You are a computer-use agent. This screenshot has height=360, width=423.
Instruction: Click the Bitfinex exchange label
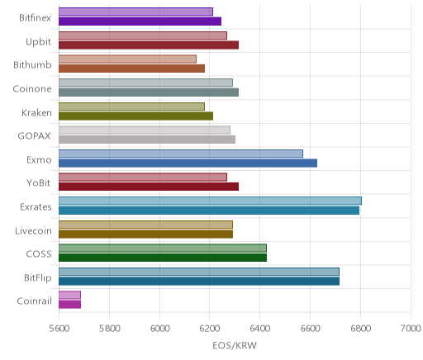(35, 18)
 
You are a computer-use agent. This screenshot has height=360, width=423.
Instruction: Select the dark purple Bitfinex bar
(140, 21)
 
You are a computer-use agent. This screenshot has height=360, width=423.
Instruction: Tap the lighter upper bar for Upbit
(143, 36)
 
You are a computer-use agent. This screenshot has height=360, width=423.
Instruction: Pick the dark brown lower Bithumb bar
(131, 69)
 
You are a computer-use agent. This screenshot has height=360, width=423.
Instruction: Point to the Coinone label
(32, 89)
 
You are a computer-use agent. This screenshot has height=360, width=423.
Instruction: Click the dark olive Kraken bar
(135, 116)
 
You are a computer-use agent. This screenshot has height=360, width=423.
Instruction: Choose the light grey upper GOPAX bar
(145, 130)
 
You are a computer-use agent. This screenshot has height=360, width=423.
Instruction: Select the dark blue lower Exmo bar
(188, 163)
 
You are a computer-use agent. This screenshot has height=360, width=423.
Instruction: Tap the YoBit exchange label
(39, 183)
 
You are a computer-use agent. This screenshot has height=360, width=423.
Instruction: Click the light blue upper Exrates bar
(210, 201)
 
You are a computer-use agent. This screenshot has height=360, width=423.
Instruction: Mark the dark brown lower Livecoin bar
(145, 234)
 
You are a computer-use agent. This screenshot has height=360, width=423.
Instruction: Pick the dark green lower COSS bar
(163, 258)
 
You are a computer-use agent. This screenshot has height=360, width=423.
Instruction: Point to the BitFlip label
(38, 277)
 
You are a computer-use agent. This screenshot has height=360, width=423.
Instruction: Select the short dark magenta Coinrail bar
(69, 305)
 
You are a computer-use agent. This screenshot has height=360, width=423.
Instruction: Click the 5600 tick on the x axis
(59, 329)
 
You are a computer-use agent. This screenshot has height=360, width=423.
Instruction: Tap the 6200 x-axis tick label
(209, 329)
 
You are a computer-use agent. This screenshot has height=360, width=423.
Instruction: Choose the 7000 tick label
(411, 329)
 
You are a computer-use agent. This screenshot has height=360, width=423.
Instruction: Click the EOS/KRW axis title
(235, 345)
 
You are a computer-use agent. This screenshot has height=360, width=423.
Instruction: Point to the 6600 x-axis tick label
(310, 329)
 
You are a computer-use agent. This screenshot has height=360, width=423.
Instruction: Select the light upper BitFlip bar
(199, 272)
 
